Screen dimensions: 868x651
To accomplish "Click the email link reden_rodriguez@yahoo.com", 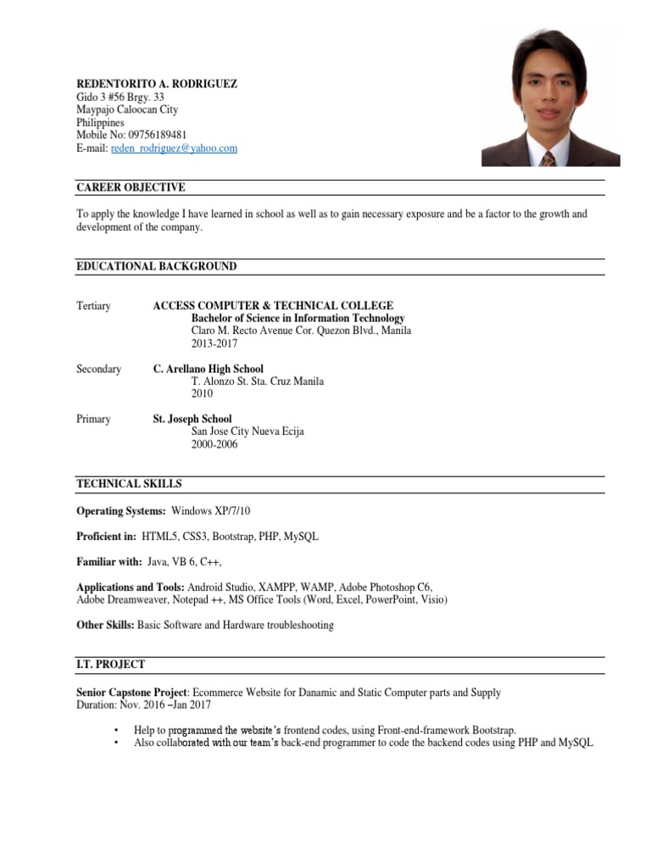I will coord(174,148).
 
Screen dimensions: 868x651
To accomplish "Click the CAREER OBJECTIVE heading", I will coord(131,187).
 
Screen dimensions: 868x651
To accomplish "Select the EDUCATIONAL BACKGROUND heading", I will coord(157,266).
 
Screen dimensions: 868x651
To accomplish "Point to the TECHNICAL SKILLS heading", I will coord(129,484).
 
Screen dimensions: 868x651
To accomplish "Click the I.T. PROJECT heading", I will coord(110,665).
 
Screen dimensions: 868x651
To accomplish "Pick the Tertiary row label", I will coord(93,306).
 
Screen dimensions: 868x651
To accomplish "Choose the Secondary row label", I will coord(98,370).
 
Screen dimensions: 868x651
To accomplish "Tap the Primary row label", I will coord(93,420).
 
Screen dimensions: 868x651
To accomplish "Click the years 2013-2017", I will coord(214,344).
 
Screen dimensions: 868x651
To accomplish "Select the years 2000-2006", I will coord(214,444).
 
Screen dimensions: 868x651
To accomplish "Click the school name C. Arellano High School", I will coord(208,370).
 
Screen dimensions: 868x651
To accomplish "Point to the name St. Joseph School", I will coord(192,420).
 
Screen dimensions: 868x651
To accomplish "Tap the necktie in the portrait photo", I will coord(549,159).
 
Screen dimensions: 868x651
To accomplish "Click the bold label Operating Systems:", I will coord(121,511).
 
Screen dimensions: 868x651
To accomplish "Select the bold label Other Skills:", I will coord(105,626).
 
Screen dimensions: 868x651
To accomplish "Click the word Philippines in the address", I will coord(100,123).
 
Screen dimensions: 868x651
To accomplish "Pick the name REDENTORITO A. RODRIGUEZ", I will coord(157,85).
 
